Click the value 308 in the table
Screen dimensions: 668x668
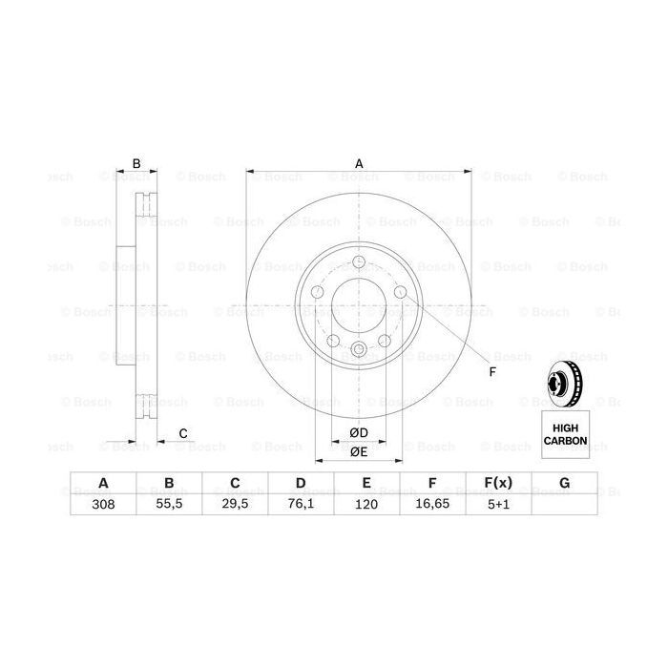(103, 506)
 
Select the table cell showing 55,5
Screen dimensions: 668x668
(169, 506)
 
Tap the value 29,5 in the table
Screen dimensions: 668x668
(235, 506)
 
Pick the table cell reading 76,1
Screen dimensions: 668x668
(301, 506)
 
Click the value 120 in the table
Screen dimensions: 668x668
(366, 506)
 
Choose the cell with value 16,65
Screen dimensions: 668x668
(432, 506)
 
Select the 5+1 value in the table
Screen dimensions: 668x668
(498, 506)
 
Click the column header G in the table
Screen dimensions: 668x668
(564, 484)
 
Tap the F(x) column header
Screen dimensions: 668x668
(498, 484)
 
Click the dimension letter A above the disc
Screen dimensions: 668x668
(360, 163)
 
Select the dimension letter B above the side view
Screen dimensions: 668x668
(136, 163)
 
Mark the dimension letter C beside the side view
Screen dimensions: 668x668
(182, 434)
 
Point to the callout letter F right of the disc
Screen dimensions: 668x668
(492, 371)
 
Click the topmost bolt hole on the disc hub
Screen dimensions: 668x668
(359, 264)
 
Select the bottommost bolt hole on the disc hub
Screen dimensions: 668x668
(359, 349)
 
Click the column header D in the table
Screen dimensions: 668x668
(301, 484)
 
